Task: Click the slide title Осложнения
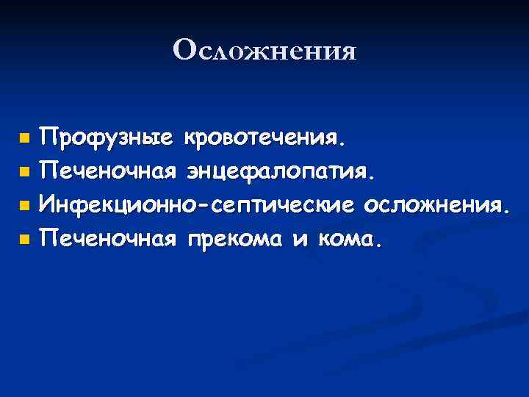pos(264,51)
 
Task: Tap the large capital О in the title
pos(184,49)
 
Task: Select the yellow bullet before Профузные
pos(25,137)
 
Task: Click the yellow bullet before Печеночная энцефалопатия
pos(25,171)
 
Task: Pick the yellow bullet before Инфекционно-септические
pos(25,205)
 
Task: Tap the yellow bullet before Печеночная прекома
pos(25,239)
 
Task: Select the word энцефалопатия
pos(279,172)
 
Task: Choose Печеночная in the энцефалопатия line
pos(108,171)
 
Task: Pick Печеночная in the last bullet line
pos(108,239)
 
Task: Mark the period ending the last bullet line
pos(379,245)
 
